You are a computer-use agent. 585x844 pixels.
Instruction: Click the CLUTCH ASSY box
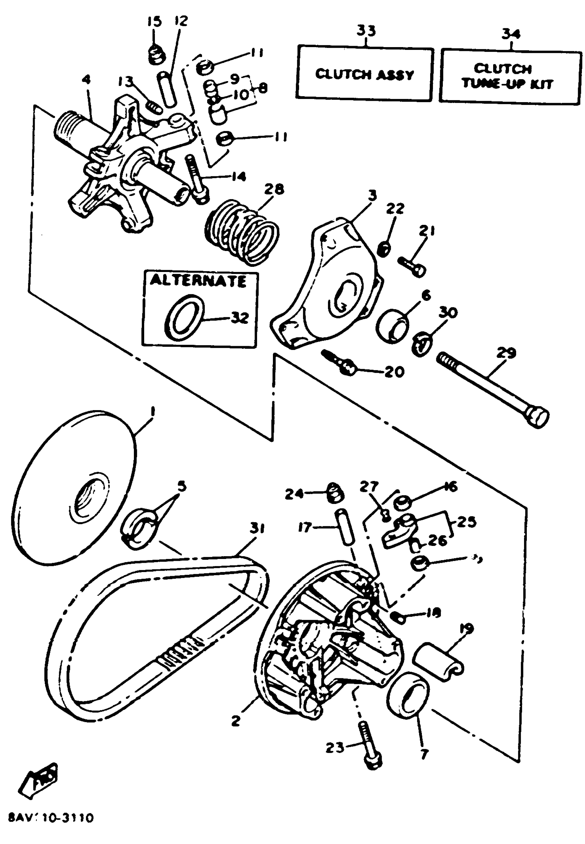tap(364, 74)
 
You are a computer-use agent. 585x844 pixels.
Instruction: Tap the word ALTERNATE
tap(198, 281)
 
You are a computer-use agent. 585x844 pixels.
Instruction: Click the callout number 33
tap(366, 30)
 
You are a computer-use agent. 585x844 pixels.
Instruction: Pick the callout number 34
tap(511, 34)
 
